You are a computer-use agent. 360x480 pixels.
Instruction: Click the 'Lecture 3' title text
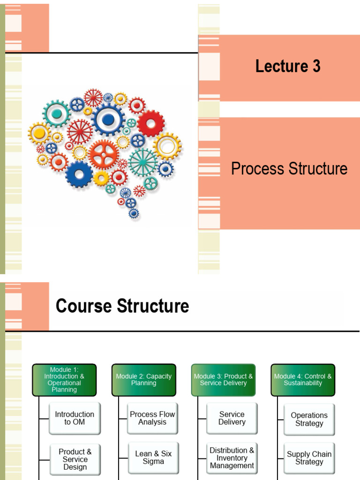click(x=288, y=67)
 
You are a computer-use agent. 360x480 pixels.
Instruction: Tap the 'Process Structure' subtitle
click(x=289, y=169)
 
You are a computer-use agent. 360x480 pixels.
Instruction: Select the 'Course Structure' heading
click(x=122, y=307)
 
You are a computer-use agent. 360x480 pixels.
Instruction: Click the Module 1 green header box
click(x=64, y=380)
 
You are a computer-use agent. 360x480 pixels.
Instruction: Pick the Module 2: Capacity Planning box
click(x=144, y=380)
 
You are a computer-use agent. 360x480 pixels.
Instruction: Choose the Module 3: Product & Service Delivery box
click(x=223, y=380)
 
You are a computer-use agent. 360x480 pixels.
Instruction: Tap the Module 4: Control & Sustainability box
click(x=303, y=380)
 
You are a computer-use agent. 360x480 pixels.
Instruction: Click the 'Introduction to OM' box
click(x=75, y=418)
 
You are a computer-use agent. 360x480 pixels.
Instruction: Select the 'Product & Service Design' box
click(x=75, y=459)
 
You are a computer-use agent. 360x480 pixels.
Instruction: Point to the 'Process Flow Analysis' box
click(x=152, y=418)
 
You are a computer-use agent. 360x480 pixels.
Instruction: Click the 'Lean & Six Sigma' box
click(x=153, y=457)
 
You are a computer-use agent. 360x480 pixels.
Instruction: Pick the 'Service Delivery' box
click(x=232, y=418)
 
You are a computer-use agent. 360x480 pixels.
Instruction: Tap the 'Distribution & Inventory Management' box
click(x=232, y=458)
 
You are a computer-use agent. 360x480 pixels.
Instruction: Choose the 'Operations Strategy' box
click(x=309, y=419)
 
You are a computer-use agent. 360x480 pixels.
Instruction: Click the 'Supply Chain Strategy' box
click(x=309, y=458)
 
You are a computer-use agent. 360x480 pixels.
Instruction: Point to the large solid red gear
click(x=150, y=123)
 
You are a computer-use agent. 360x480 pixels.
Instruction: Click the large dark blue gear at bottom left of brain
click(x=79, y=174)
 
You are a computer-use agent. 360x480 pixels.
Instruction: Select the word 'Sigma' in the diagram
click(x=153, y=462)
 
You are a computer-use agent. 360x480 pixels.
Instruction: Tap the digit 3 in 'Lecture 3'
click(x=316, y=67)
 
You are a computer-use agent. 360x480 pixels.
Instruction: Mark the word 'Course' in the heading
click(x=84, y=307)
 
